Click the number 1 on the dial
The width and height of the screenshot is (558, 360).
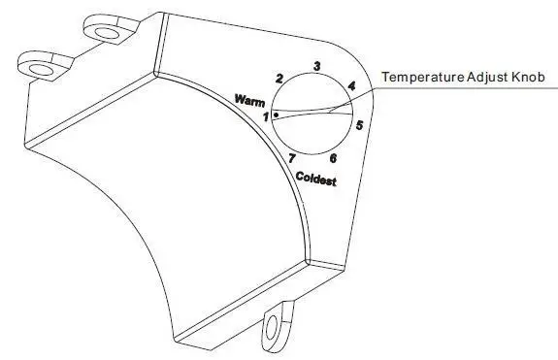click(x=265, y=116)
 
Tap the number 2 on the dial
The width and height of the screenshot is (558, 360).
click(x=279, y=78)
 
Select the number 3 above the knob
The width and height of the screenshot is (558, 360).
click(x=315, y=66)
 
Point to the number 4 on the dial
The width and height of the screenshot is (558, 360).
click(x=350, y=86)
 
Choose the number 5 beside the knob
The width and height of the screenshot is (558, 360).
click(x=359, y=124)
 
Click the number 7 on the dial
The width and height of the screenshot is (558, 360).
click(x=292, y=157)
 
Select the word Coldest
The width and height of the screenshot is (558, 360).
click(x=316, y=179)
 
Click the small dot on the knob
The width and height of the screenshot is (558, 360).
click(x=277, y=114)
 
